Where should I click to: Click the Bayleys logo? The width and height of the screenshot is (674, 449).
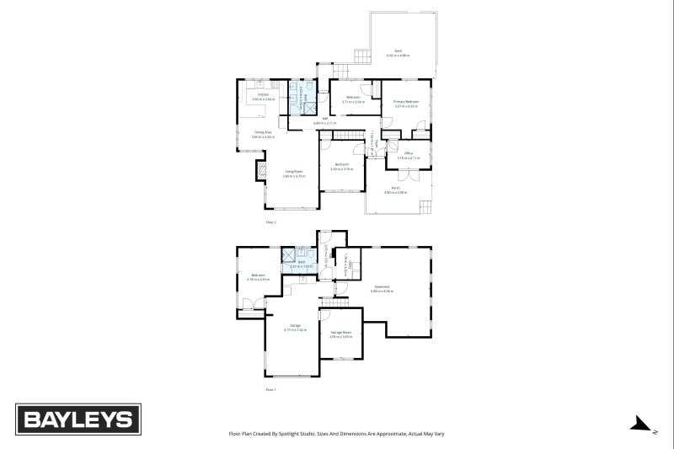tap(79, 420)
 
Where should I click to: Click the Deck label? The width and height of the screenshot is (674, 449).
tap(399, 52)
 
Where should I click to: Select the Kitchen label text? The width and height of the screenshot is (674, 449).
tap(263, 97)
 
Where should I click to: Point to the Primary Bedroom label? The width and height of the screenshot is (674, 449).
tap(406, 104)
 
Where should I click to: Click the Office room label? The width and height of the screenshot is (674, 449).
tap(408, 155)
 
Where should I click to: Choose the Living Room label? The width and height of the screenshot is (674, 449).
tap(292, 173)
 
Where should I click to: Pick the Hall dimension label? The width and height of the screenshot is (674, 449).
tap(324, 123)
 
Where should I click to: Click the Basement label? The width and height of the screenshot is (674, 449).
tap(382, 288)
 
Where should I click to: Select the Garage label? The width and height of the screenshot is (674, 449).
tap(295, 327)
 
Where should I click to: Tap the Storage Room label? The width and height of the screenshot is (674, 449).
tap(340, 334)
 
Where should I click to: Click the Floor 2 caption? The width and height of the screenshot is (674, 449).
tap(270, 222)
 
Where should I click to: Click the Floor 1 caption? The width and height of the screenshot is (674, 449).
tap(270, 390)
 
